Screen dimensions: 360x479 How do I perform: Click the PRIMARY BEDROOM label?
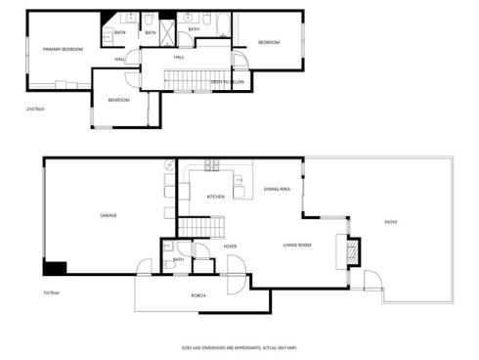click(x=62, y=49)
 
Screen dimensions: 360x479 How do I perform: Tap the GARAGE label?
click(x=109, y=215)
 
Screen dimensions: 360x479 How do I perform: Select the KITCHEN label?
click(x=215, y=197)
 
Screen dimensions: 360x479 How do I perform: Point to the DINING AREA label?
click(x=278, y=189)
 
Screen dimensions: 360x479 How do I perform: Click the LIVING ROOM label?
click(x=297, y=245)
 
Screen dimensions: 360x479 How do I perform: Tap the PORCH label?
click(x=197, y=294)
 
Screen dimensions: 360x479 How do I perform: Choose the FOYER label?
click(x=231, y=246)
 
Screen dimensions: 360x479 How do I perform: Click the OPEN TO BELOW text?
click(x=227, y=82)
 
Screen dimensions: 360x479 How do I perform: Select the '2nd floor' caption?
click(x=35, y=110)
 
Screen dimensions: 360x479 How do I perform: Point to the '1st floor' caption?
click(x=52, y=292)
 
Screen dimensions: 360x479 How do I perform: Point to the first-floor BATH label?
click(x=179, y=259)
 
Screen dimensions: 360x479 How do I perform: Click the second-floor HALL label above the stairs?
click(x=180, y=58)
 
